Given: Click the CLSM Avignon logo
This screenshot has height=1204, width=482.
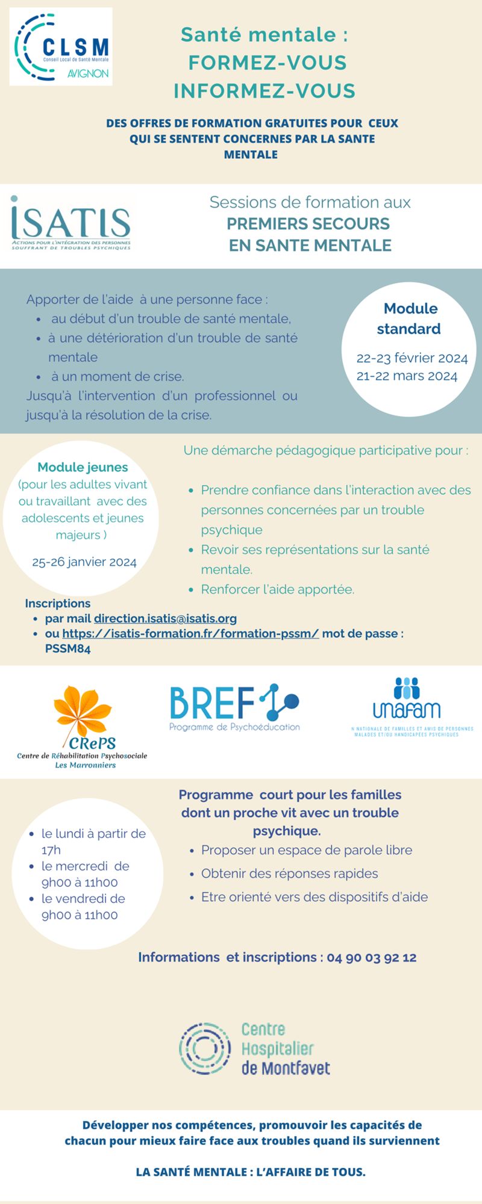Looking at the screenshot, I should (x=61, y=47).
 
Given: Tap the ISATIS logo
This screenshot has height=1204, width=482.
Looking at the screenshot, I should (x=70, y=223).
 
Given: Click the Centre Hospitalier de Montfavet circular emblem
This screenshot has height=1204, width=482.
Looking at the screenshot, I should (x=205, y=1048).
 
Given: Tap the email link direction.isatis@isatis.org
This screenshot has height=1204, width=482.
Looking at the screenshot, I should (x=165, y=618).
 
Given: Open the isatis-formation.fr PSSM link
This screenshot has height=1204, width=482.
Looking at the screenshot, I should (x=190, y=633).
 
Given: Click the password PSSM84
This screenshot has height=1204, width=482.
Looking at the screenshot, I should (x=67, y=649).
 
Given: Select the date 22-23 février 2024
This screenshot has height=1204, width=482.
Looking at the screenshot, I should (x=412, y=358).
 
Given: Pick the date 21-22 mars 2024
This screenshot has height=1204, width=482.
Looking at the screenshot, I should (x=407, y=376).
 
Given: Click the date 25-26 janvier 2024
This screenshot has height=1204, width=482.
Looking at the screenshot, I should (x=84, y=562).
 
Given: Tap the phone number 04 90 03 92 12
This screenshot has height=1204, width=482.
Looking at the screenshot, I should (x=372, y=957).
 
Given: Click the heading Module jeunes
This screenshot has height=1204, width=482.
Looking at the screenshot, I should (x=83, y=467).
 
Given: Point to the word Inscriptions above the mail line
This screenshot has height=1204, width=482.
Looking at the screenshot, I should (x=57, y=603).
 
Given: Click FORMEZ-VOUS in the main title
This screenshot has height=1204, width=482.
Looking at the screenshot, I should (x=268, y=63).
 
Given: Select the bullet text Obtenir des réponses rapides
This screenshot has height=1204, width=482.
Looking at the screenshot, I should (x=289, y=874).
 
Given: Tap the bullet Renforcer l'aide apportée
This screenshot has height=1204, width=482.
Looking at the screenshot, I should (x=277, y=589).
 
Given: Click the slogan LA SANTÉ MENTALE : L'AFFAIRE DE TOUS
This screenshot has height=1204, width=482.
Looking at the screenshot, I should (x=251, y=1172).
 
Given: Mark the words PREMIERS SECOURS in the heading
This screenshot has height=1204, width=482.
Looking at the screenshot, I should (x=308, y=224).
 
